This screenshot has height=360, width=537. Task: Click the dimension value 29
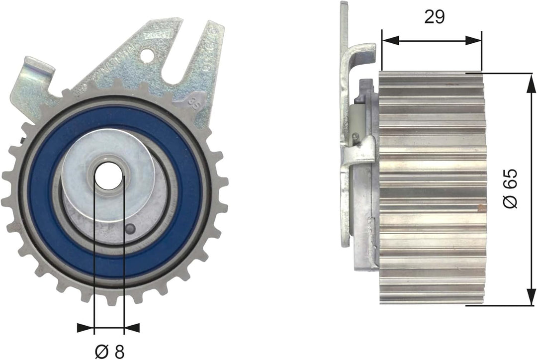[x=434, y=16]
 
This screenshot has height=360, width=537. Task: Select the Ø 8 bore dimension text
[x=108, y=351]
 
